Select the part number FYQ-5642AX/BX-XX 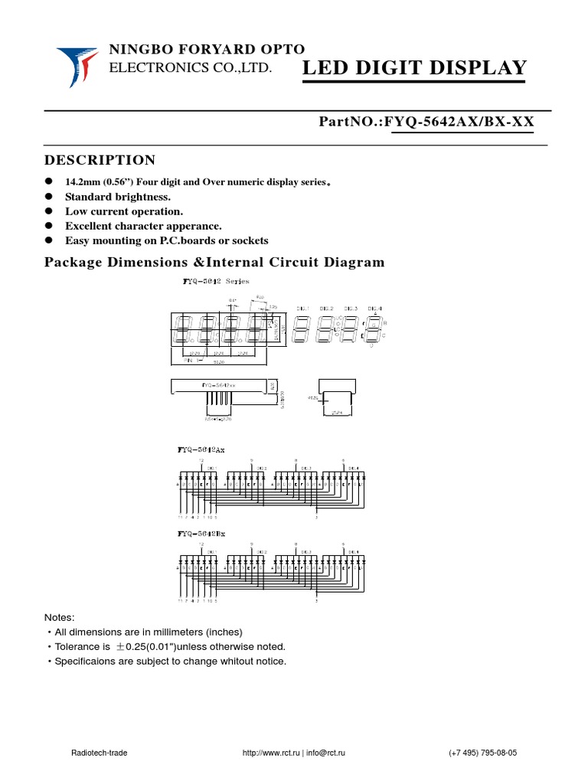coord(462,122)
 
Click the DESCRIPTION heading coord(100,160)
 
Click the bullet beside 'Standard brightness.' coord(47,196)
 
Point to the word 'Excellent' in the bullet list coord(90,226)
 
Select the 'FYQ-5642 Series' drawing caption coord(206,281)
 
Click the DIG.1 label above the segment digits coord(303,307)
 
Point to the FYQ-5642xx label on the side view coord(219,384)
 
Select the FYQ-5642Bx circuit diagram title coord(202,533)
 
